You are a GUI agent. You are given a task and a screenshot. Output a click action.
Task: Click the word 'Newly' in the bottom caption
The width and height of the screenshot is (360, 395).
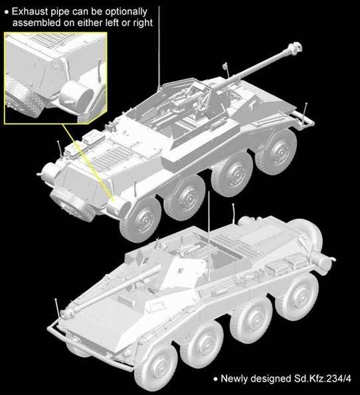pyautogui.click(x=234, y=380)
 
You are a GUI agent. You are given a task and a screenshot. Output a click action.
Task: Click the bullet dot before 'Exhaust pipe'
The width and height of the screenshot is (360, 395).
pyautogui.click(x=7, y=11)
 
